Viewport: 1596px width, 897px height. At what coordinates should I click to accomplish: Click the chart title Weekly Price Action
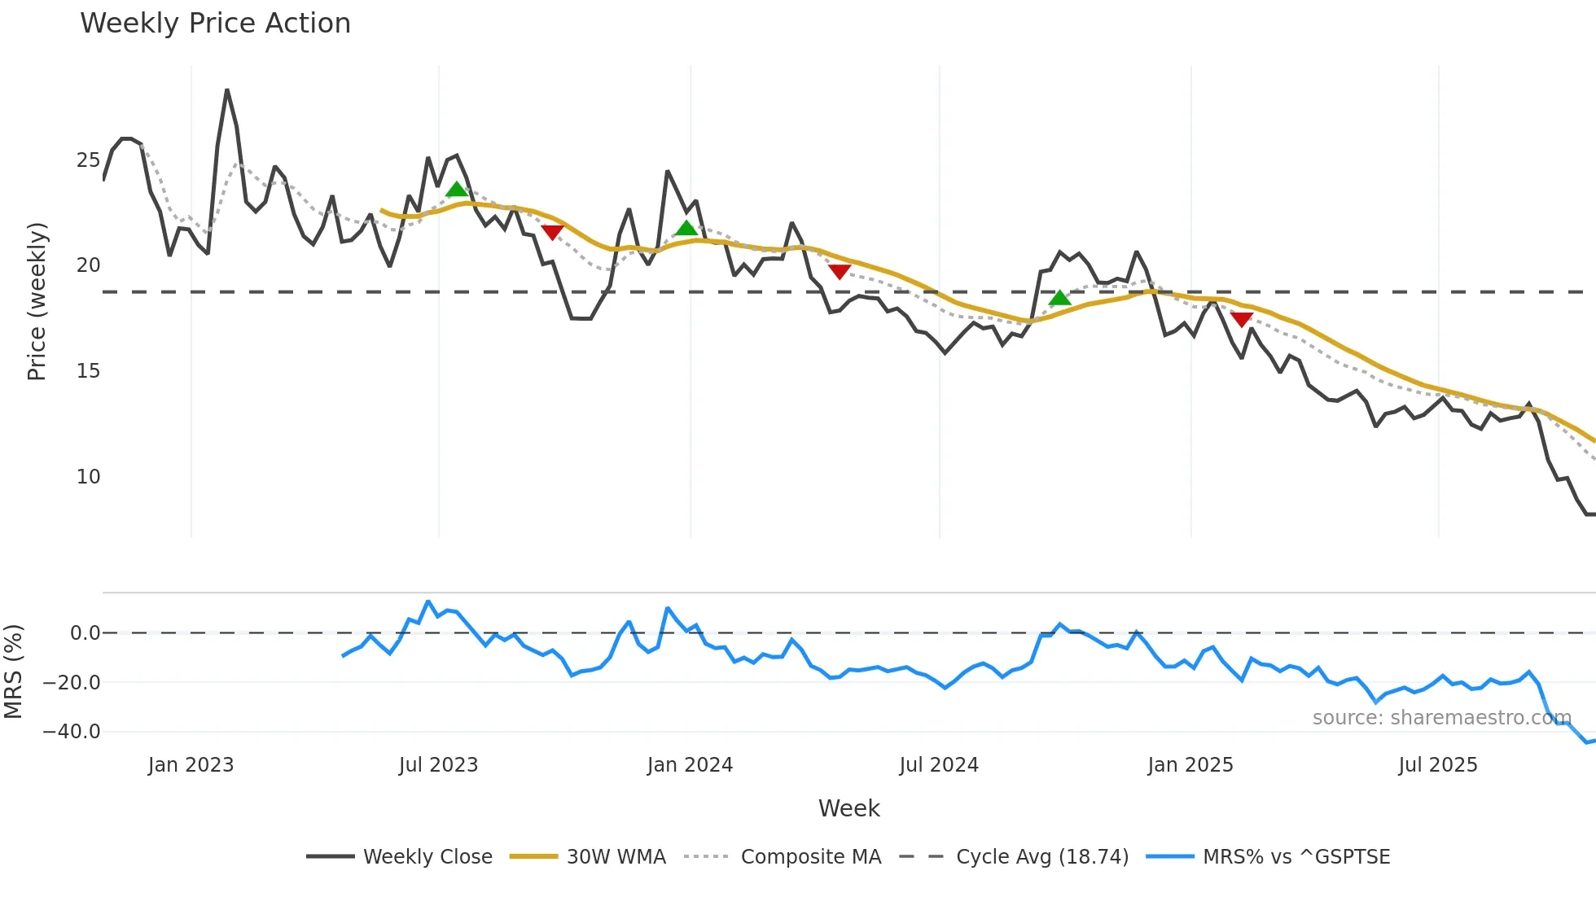[215, 24]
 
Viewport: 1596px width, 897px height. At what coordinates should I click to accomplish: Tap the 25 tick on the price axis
[88, 160]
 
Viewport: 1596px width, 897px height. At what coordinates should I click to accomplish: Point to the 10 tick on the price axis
[88, 477]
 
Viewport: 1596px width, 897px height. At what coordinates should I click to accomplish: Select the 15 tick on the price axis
[88, 371]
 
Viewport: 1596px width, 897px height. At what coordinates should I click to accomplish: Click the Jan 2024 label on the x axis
[690, 765]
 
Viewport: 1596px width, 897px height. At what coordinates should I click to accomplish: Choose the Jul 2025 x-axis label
[1437, 765]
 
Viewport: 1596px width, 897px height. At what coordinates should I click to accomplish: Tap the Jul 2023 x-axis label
[438, 765]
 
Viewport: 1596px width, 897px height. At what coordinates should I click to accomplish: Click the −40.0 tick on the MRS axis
[72, 732]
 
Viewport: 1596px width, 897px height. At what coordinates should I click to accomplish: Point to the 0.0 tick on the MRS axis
[85, 633]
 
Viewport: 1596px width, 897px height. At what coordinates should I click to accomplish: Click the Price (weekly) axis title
[37, 301]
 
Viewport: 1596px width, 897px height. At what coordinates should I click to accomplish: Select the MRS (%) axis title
[13, 672]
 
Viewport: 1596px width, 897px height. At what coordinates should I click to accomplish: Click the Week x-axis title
[848, 808]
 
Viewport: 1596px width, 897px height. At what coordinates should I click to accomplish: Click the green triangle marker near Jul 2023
[457, 190]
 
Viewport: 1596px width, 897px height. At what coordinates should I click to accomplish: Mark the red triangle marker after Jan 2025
[1241, 319]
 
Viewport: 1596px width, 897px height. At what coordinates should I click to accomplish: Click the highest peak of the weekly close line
[227, 90]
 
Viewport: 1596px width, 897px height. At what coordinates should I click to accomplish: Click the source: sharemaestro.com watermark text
[1441, 718]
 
